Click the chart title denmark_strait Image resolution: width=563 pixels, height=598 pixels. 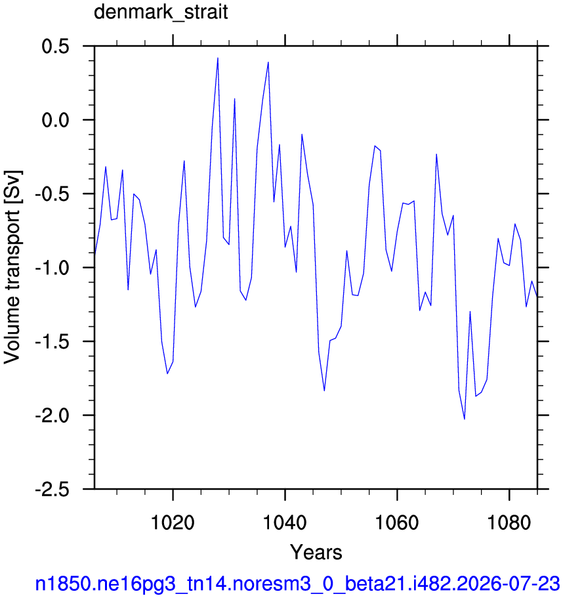pyautogui.click(x=161, y=12)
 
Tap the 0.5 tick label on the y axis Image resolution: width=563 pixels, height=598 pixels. pyautogui.click(x=55, y=47)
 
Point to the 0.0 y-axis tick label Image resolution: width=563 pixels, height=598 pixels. pyautogui.click(x=55, y=120)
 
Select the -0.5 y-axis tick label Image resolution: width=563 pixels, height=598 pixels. pyautogui.click(x=52, y=194)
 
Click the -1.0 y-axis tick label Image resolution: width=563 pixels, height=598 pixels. pyautogui.click(x=52, y=268)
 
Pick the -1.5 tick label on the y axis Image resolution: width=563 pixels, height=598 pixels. pyautogui.click(x=52, y=342)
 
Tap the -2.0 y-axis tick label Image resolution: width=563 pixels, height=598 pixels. pyautogui.click(x=52, y=416)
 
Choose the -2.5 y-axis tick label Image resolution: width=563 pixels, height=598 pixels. pyautogui.click(x=52, y=489)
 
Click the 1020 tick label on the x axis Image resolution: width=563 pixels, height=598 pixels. pyautogui.click(x=173, y=522)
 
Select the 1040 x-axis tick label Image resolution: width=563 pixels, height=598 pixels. pyautogui.click(x=285, y=522)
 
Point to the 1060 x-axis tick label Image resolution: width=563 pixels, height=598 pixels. pyautogui.click(x=397, y=522)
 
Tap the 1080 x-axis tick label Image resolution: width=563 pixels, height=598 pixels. pyautogui.click(x=509, y=522)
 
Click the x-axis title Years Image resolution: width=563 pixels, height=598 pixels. pyautogui.click(x=316, y=552)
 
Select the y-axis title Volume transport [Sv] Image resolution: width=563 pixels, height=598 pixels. pyautogui.click(x=12, y=267)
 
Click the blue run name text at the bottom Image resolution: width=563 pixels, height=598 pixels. pyautogui.click(x=297, y=584)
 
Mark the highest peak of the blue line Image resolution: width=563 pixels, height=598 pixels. pyautogui.click(x=218, y=58)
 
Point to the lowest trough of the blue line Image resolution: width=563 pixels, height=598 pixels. pyautogui.click(x=465, y=419)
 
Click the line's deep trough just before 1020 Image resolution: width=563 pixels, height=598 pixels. pyautogui.click(x=167, y=374)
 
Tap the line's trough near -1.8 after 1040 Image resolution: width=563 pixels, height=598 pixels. pyautogui.click(x=324, y=391)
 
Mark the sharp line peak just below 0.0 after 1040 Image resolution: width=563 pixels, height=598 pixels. pyautogui.click(x=302, y=135)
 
